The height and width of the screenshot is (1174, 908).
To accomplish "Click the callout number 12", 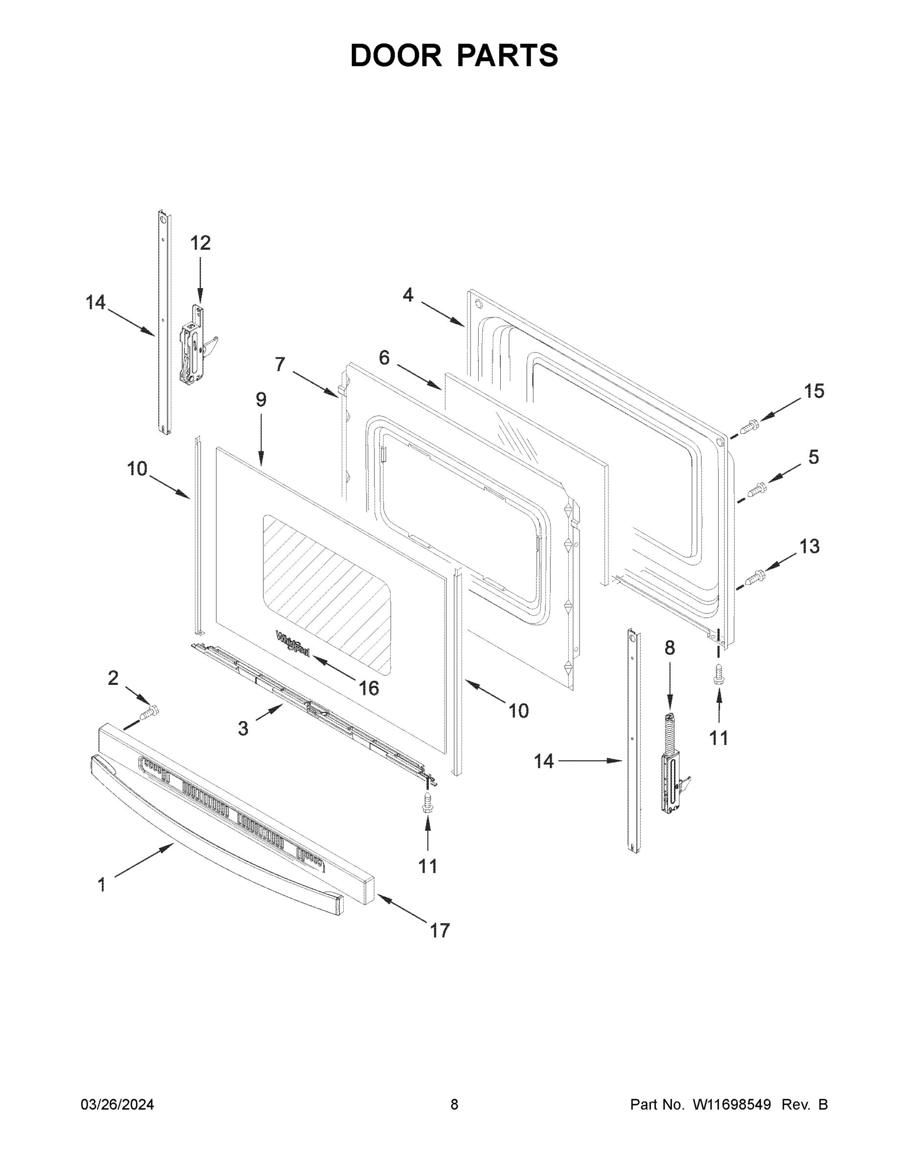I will [x=200, y=243].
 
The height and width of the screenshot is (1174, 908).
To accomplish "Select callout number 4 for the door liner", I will [x=408, y=294].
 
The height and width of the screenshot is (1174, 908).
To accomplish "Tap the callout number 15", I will [x=814, y=391].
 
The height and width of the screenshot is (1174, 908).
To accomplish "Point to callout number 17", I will [x=440, y=930].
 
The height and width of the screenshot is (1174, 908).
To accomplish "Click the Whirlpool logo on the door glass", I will [x=293, y=643].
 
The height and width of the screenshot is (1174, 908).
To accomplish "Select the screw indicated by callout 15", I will [x=749, y=428].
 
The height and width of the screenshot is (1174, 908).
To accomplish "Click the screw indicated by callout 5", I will [x=757, y=489].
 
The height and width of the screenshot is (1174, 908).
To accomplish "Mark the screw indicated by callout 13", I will [x=756, y=577].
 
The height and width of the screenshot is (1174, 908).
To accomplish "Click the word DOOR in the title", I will [x=396, y=55].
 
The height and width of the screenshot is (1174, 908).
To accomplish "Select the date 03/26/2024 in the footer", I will [x=117, y=1104].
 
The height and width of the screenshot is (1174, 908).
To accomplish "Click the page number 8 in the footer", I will [x=454, y=1104].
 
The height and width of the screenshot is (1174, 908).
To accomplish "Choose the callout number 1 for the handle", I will [x=102, y=884].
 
